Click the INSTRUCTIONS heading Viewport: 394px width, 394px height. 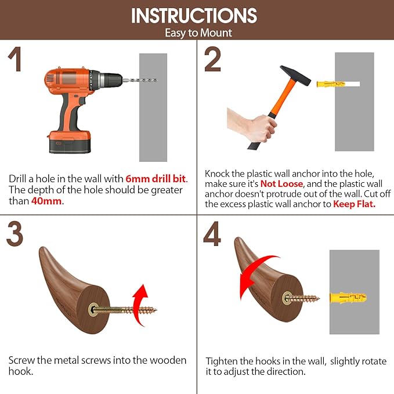194,15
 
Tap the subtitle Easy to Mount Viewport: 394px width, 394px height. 198,33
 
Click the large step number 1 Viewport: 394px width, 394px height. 15,59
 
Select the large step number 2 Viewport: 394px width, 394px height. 212,59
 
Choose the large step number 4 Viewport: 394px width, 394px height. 212,234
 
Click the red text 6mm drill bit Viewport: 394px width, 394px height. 156,179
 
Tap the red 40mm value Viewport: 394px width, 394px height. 46,201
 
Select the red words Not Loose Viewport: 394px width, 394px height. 281,184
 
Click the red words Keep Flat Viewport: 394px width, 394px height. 354,204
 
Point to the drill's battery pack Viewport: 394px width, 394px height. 70,142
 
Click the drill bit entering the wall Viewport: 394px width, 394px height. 140,81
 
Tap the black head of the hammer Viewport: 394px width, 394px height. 295,75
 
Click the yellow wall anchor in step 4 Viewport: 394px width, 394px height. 348,298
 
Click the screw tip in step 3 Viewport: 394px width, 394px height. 155,310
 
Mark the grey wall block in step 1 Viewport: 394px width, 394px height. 153,107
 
